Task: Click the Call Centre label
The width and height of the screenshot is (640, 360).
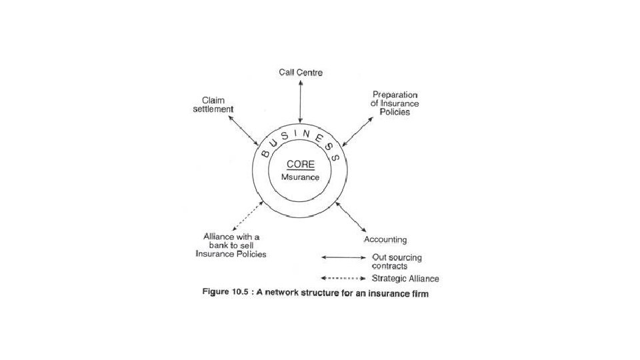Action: [x=301, y=73]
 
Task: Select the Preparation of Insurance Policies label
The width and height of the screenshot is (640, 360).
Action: [x=395, y=103]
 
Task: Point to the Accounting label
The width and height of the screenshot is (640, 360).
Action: [x=385, y=239]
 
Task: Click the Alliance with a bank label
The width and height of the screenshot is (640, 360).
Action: [x=231, y=245]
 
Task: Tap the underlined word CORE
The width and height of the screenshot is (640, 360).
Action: [x=301, y=165]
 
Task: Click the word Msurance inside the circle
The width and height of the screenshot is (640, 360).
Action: [x=301, y=177]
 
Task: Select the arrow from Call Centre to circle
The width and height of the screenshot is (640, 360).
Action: [x=301, y=103]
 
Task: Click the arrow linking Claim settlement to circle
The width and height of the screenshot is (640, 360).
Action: [x=243, y=131]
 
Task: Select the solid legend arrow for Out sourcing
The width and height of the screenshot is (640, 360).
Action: [x=343, y=257]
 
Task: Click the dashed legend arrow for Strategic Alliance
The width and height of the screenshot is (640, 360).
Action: [x=343, y=278]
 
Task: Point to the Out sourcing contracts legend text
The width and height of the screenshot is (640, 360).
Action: [x=396, y=261]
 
